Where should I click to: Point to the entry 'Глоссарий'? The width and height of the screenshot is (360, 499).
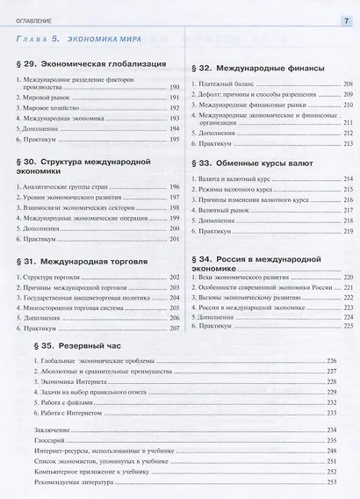(x=51, y=438)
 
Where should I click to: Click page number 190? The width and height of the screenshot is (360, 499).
(x=174, y=89)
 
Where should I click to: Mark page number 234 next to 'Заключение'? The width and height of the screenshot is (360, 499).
(x=331, y=428)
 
